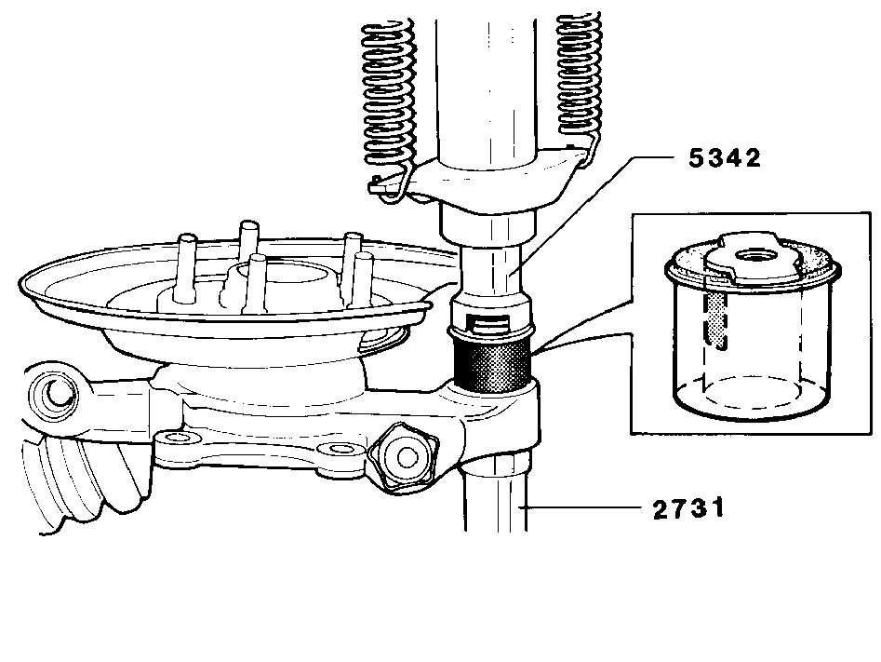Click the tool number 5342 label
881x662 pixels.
click(724, 157)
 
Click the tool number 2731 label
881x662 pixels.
click(688, 508)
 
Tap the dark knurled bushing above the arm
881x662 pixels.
click(492, 363)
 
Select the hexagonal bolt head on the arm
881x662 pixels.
click(403, 457)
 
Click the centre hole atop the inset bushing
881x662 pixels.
click(756, 256)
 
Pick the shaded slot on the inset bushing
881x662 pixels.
click(714, 319)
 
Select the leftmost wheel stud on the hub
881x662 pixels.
click(185, 269)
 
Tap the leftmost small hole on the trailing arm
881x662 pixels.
click(179, 437)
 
